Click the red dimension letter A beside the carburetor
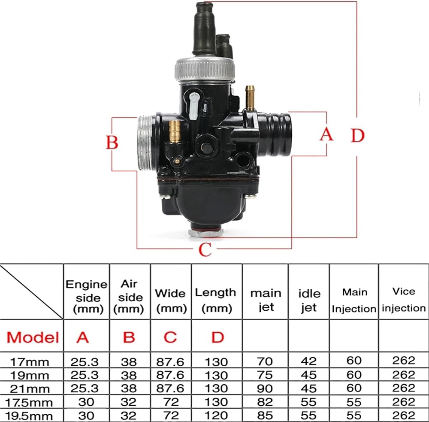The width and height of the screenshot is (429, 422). point(326,134)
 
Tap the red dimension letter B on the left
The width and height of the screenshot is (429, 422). point(112,143)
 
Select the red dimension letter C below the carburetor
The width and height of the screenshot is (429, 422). point(205,249)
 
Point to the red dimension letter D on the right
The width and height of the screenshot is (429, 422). point(358,135)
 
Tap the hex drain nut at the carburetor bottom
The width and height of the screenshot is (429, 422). point(206,233)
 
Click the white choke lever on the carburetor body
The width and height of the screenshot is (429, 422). point(194,106)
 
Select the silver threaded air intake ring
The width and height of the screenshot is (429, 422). point(145,143)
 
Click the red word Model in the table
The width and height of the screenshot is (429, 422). point(33,337)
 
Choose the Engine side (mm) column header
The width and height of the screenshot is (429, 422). point(87,297)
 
